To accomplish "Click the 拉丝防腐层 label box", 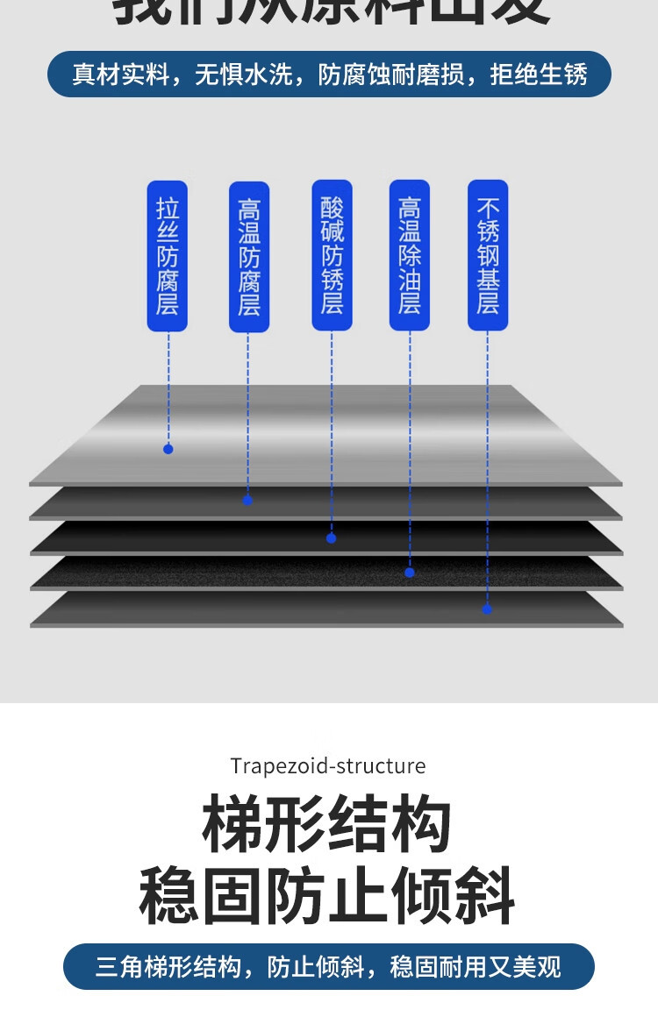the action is click(x=167, y=256).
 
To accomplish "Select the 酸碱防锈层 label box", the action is click(x=332, y=256).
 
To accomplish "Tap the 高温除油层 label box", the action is click(x=410, y=256).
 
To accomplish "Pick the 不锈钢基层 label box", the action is click(x=488, y=256).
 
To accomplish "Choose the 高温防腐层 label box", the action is click(x=249, y=257).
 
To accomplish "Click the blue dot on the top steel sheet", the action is click(x=168, y=449).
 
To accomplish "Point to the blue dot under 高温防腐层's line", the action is click(x=247, y=501).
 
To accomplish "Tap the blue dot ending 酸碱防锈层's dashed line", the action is click(x=331, y=538).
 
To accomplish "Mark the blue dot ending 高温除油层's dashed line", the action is click(x=410, y=573).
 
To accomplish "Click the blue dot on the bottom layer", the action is click(x=488, y=609).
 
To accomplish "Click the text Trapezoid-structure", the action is click(x=328, y=766).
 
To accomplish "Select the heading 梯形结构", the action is click(x=327, y=825).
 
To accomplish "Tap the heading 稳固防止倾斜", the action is click(x=327, y=895).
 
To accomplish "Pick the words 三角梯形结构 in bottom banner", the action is click(x=168, y=967).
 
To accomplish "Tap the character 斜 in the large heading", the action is click(x=485, y=895).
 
